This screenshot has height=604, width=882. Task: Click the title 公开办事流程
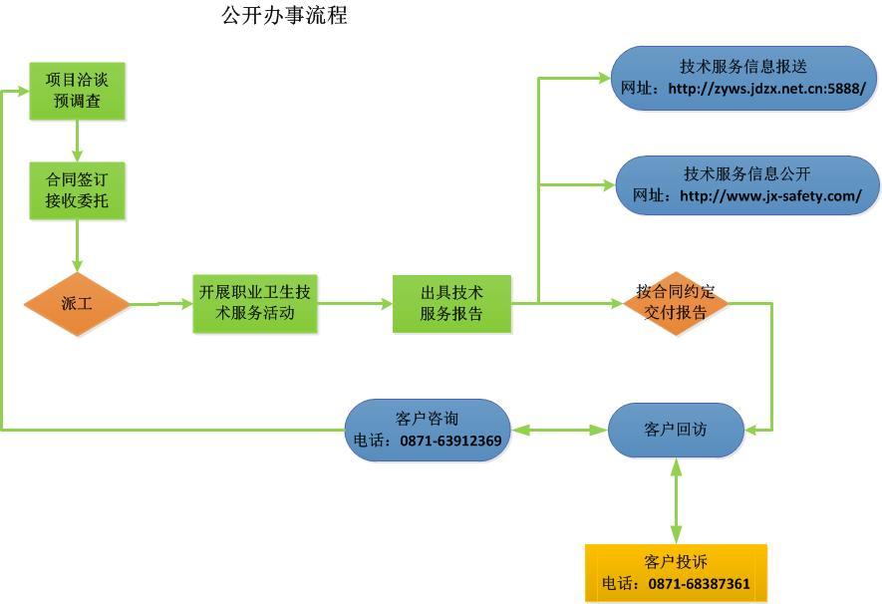(284, 16)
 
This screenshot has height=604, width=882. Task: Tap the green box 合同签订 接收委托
(77, 191)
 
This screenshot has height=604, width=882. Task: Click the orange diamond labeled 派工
(77, 303)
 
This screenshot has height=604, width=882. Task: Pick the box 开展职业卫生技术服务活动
(254, 303)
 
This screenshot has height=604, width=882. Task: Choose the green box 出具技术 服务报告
(451, 303)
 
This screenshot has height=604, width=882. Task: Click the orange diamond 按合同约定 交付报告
(676, 303)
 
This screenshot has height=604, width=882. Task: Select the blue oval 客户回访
(676, 430)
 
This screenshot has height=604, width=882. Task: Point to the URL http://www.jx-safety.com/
(770, 196)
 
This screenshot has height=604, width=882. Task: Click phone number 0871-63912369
(450, 441)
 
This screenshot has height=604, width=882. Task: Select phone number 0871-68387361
(699, 584)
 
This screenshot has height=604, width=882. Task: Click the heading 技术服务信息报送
(743, 67)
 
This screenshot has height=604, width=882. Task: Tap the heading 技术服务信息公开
(747, 173)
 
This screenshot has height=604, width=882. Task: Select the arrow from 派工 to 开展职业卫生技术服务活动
(161, 303)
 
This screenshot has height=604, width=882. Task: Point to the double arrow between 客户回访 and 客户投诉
(677, 500)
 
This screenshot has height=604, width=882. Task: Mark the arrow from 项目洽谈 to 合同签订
(77, 141)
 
